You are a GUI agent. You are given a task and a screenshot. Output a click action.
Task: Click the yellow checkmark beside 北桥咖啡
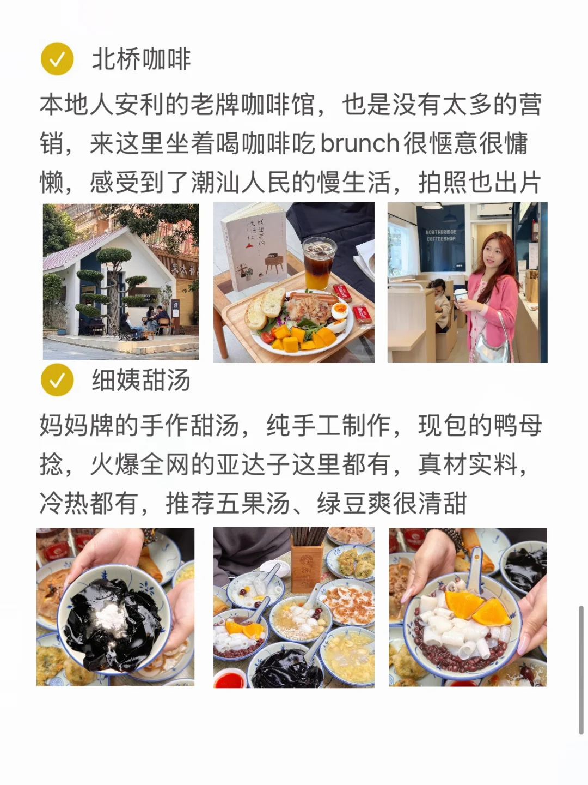tap(57, 59)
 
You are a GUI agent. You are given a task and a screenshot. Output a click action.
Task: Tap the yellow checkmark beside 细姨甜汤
tap(57, 380)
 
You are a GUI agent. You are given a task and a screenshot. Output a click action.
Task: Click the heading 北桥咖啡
tap(141, 59)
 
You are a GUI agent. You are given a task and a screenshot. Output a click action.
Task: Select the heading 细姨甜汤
tap(141, 380)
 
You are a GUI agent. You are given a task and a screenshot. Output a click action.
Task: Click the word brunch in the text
tap(360, 143)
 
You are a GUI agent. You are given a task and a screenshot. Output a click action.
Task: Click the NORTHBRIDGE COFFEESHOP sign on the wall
tap(441, 235)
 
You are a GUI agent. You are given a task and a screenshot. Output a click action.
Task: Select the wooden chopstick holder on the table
tap(307, 565)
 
